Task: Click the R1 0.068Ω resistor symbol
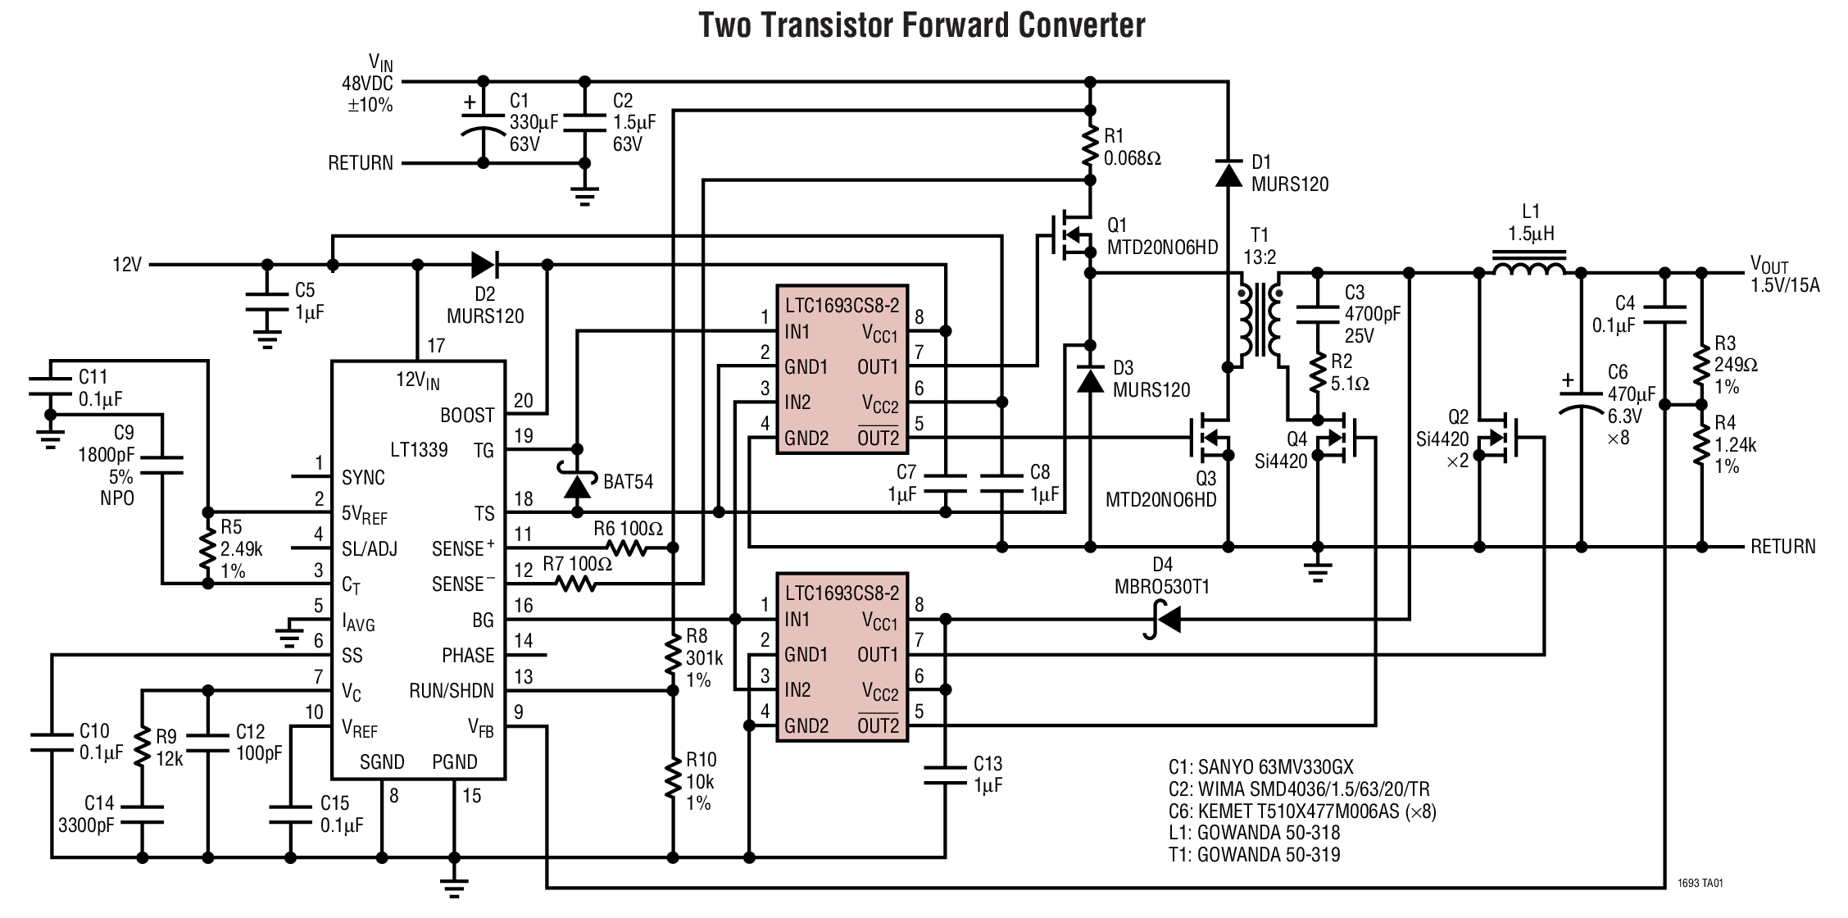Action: [1090, 146]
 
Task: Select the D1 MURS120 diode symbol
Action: [1228, 173]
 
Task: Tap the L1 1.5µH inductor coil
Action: [1530, 267]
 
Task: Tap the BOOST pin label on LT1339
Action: [467, 416]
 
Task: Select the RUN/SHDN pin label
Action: [452, 691]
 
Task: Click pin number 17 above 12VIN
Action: [435, 346]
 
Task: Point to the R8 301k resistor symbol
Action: [673, 656]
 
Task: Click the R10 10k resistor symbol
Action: [673, 779]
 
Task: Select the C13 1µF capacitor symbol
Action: [945, 775]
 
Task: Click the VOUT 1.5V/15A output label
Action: [1784, 275]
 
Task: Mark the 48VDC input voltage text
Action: [367, 84]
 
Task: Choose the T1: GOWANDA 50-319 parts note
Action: [1254, 855]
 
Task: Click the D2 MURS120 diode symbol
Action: [484, 265]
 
